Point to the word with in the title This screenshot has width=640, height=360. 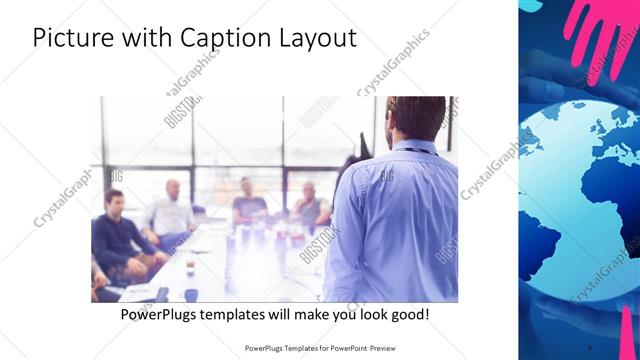point(146,38)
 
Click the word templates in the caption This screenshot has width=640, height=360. point(244,314)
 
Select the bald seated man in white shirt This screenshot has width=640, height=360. point(172,212)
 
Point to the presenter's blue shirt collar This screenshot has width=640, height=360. point(413,147)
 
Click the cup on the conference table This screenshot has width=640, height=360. point(190,294)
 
